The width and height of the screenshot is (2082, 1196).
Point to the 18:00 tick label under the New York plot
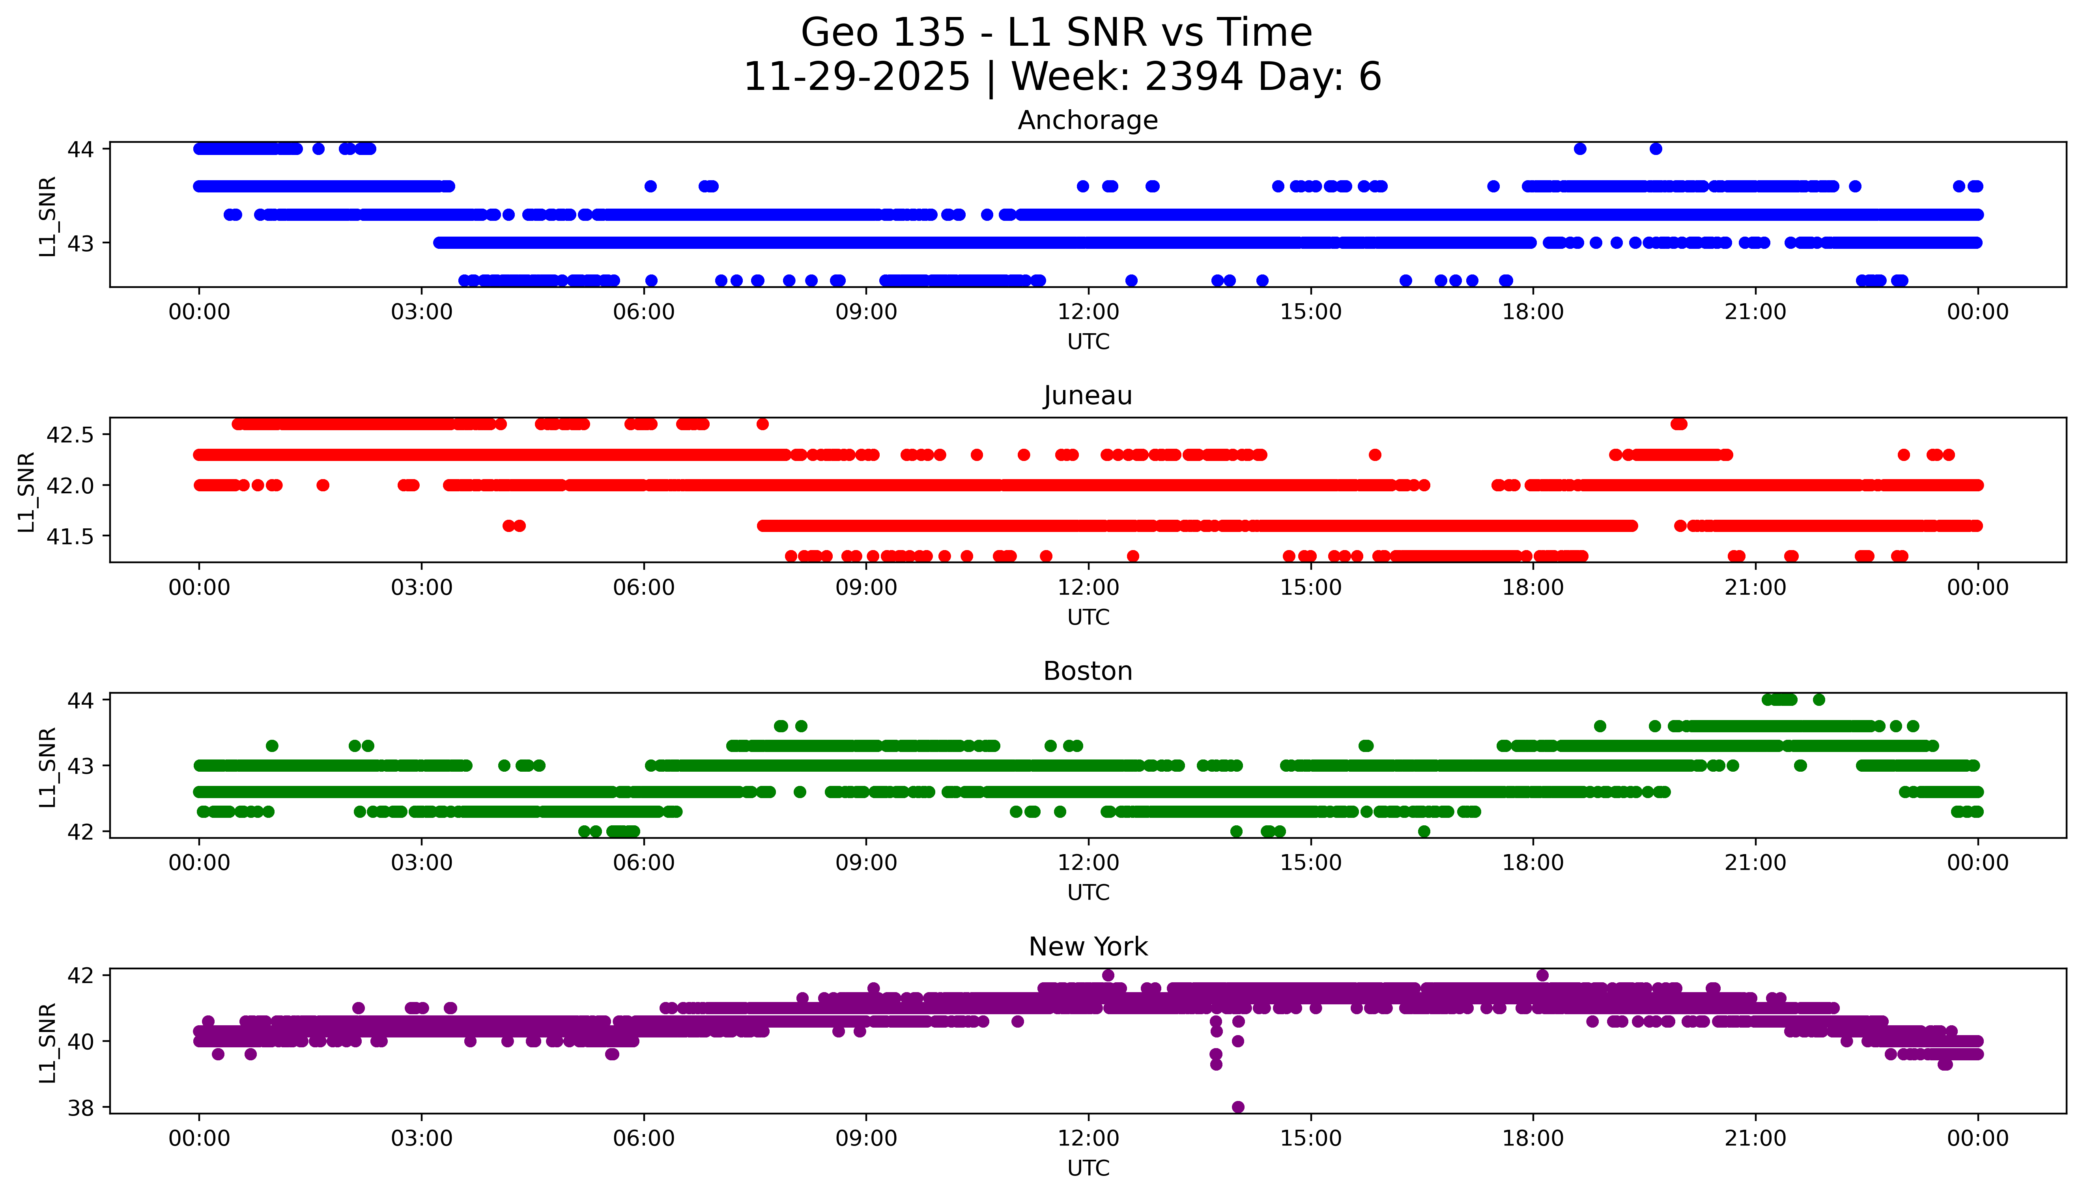coord(1533,1138)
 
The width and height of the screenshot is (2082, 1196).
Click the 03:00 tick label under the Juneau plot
coord(422,587)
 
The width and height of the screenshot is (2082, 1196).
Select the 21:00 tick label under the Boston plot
coord(1755,862)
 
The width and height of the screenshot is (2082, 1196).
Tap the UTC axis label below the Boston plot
coord(1088,892)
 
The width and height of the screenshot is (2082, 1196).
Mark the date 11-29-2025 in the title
coord(857,77)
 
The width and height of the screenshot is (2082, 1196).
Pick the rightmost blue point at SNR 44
coord(1656,149)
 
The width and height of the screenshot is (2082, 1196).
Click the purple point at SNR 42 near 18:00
coord(1542,975)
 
